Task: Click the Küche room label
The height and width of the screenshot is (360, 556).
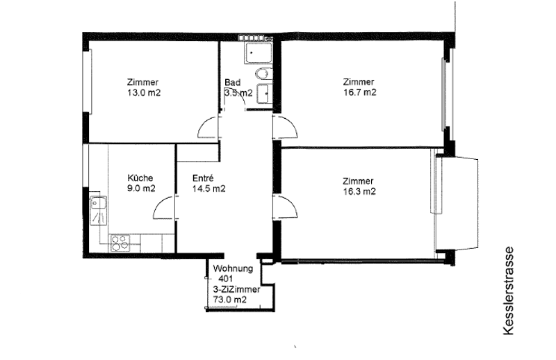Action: point(140,178)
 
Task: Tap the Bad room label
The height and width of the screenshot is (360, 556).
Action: point(232,82)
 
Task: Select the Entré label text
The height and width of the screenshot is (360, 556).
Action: point(203,178)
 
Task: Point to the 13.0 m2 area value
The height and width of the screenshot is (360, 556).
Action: point(144,93)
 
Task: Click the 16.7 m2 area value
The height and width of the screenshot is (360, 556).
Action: point(359,92)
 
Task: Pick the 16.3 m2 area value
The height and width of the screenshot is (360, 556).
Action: point(359,192)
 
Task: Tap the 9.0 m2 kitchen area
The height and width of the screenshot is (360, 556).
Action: point(141,188)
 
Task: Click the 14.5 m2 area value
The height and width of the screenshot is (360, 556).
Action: point(209,189)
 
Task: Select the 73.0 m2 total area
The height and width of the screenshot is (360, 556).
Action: point(230,300)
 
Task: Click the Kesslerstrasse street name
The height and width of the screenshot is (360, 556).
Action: point(508,291)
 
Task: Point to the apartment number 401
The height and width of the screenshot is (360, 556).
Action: point(226,279)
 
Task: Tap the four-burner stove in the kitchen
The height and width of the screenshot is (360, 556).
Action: point(120,243)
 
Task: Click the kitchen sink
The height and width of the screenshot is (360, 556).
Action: point(98,211)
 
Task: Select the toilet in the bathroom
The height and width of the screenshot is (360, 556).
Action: point(263,74)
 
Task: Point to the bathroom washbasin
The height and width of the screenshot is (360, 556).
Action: point(265,94)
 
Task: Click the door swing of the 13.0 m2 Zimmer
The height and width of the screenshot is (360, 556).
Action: point(208,127)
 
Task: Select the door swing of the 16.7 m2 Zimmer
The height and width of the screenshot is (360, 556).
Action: point(285,126)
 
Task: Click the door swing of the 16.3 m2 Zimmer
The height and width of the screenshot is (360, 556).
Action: point(285,206)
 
